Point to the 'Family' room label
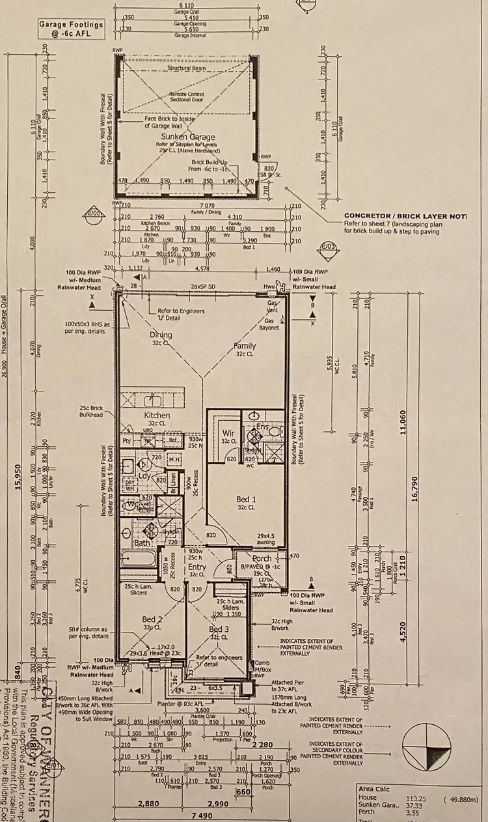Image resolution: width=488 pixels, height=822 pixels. pos(245,347)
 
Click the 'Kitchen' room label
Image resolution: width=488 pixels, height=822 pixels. pos(157,415)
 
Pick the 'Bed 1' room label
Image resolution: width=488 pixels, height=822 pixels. pos(247,499)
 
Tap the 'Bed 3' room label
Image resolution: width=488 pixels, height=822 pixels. pos(220,629)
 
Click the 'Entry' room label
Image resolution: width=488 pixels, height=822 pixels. pos(197,567)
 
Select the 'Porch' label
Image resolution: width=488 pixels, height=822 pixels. pos(262,559)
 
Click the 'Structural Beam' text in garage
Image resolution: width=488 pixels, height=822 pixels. pos(186,67)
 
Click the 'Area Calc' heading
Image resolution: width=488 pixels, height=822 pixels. pos(374,788)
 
